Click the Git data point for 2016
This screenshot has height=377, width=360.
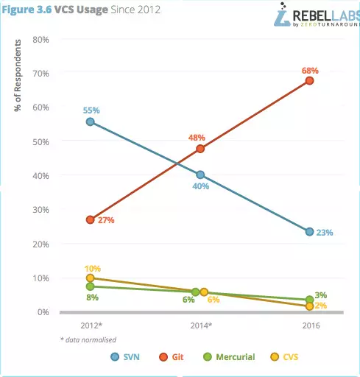tap(309, 81)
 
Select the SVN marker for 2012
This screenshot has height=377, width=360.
tap(91, 121)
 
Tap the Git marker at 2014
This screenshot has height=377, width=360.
tap(200, 149)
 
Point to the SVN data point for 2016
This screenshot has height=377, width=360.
tap(309, 231)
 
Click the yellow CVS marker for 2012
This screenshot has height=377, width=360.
tap(91, 278)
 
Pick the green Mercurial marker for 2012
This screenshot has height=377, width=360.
tap(91, 286)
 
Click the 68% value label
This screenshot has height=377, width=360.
tap(310, 71)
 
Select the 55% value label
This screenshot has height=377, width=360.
tap(91, 110)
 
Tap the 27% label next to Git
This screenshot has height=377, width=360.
tap(106, 220)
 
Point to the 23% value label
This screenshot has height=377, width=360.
tap(325, 233)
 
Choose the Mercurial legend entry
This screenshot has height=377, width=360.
tap(230, 357)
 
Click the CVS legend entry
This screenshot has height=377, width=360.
tap(284, 357)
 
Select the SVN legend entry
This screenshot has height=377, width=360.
tap(125, 357)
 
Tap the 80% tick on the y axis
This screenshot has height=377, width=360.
tap(40, 40)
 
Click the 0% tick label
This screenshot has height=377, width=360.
tap(43, 312)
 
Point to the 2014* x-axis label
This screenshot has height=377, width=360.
tap(201, 325)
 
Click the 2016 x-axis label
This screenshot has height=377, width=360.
tap(311, 325)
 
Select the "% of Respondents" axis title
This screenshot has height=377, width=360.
tap(18, 75)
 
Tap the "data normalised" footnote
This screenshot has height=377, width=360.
tap(88, 339)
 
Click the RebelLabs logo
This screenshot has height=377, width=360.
tap(317, 15)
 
